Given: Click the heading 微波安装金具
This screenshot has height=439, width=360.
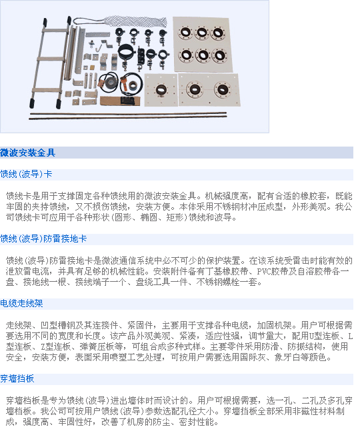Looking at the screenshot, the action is (28, 153).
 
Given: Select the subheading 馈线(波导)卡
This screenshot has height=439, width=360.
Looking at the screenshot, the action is (26, 174).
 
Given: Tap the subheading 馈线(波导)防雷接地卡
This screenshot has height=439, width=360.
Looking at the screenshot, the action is (43, 238).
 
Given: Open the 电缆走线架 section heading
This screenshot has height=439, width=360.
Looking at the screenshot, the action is (21, 304).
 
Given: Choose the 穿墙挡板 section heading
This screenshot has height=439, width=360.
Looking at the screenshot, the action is (17, 379).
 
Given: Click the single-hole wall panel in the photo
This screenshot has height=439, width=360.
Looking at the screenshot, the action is (161, 90).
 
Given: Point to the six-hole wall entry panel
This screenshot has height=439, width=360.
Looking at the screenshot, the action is (203, 44).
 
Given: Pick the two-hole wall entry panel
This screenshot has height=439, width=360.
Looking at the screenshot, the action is (209, 89).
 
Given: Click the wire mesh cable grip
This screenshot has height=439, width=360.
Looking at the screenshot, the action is (121, 21).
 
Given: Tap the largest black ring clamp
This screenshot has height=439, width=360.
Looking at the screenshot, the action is (126, 52).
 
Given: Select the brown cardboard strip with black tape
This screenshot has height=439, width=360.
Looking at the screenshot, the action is (120, 101).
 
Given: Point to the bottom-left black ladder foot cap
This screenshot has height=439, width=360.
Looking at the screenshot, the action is (33, 103).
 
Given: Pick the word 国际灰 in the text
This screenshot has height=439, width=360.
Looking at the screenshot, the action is (253, 357).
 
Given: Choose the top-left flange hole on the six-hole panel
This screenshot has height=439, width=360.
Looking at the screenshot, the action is (185, 32).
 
